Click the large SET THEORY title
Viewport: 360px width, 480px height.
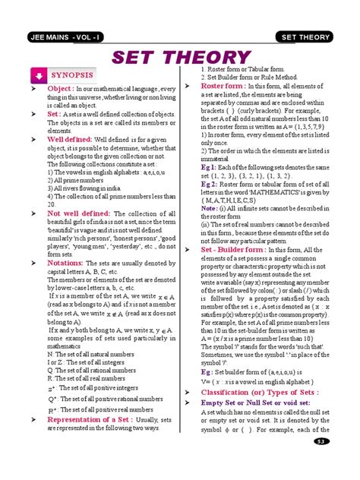(x=179, y=58)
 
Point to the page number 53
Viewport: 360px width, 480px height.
(x=322, y=463)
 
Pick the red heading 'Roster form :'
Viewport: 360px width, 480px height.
(x=222, y=86)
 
